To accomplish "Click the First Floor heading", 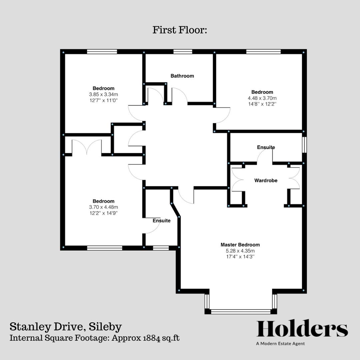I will (180, 30).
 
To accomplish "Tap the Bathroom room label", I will (182, 76).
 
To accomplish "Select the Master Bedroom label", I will (240, 245).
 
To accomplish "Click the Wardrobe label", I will (266, 181).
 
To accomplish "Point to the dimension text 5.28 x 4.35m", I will (240, 251).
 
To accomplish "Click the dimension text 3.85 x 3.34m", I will (103, 94).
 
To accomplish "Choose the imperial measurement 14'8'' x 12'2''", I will (262, 104).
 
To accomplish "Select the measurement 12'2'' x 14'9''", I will (103, 213).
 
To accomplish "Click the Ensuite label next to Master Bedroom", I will (162, 221).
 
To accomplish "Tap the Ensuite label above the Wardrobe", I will (266, 147).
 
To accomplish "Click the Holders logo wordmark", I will (302, 329).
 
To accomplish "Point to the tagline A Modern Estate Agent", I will (280, 344).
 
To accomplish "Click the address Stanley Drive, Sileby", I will (65, 326).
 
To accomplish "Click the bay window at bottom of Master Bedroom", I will (241, 312).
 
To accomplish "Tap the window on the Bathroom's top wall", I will (183, 52).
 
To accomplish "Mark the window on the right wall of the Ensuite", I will (304, 145).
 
